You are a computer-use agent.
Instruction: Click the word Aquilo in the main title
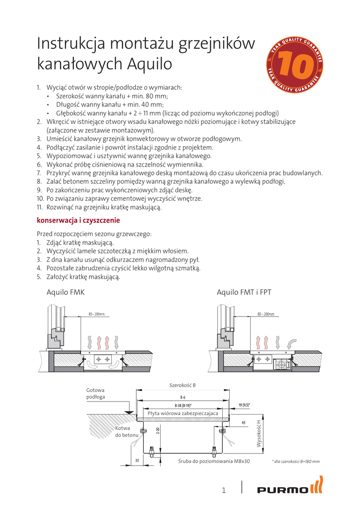149,64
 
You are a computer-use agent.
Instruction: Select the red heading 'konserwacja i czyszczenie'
78,220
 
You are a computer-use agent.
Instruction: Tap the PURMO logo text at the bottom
282,491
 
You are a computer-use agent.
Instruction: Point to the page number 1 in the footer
224,491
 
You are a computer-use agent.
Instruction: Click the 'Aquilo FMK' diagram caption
66,292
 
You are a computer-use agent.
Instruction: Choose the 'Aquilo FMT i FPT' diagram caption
244,292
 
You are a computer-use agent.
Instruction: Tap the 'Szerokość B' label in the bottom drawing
182,386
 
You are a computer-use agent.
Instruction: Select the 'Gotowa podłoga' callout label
95,393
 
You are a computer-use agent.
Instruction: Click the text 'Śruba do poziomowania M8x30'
214,461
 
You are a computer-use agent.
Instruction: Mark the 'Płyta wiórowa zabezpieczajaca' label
183,413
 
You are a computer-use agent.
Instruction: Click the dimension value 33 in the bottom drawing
136,461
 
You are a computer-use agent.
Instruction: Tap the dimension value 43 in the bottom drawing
243,423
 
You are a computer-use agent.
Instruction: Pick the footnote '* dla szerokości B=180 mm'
296,462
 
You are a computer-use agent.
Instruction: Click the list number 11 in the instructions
41,207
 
